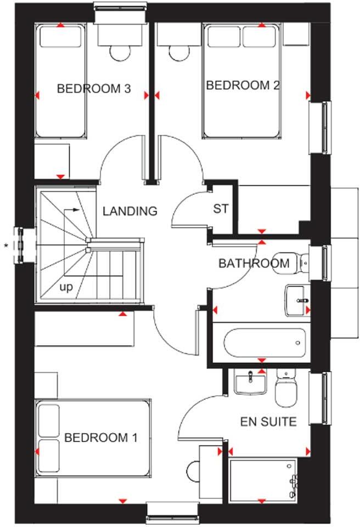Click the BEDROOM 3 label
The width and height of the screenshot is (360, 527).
coord(94,88)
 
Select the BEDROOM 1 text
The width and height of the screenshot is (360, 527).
coord(100,438)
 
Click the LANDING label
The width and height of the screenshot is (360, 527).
coord(130,211)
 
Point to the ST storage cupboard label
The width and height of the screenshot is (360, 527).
coord(221,209)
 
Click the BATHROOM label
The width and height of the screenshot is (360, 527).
coord(254,263)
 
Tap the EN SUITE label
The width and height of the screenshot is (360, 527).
coord(268,422)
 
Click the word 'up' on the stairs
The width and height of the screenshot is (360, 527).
coord(66,287)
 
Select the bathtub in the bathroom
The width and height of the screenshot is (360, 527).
coord(263,343)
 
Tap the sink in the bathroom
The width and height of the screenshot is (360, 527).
coord(297,300)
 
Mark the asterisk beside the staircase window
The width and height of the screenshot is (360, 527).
coord(7,245)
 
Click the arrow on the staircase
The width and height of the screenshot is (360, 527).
coord(71,210)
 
